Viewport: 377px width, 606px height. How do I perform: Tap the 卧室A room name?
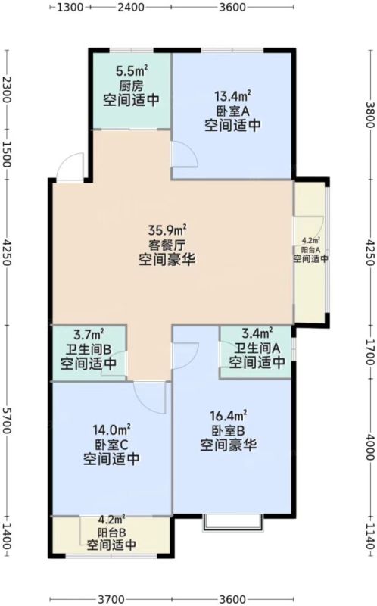point(232,111)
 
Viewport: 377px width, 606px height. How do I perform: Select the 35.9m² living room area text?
point(167,230)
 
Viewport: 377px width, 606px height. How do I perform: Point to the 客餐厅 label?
point(167,245)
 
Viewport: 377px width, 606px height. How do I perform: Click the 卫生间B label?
point(89,349)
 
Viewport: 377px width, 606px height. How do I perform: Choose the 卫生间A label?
point(257,348)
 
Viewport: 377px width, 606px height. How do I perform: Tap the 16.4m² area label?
point(229,416)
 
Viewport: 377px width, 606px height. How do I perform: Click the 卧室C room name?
point(111,445)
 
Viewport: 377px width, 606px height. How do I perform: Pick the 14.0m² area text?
point(111,430)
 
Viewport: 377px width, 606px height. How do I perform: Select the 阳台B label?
point(111,533)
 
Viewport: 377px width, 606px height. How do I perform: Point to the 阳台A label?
point(310,250)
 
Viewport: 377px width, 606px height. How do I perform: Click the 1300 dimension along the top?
point(70,7)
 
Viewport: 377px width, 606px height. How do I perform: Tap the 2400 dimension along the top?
point(130,7)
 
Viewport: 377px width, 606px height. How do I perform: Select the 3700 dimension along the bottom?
point(111,599)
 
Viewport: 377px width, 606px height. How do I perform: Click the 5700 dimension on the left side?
point(6,420)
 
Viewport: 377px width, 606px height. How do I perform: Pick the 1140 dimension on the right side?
point(370,536)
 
